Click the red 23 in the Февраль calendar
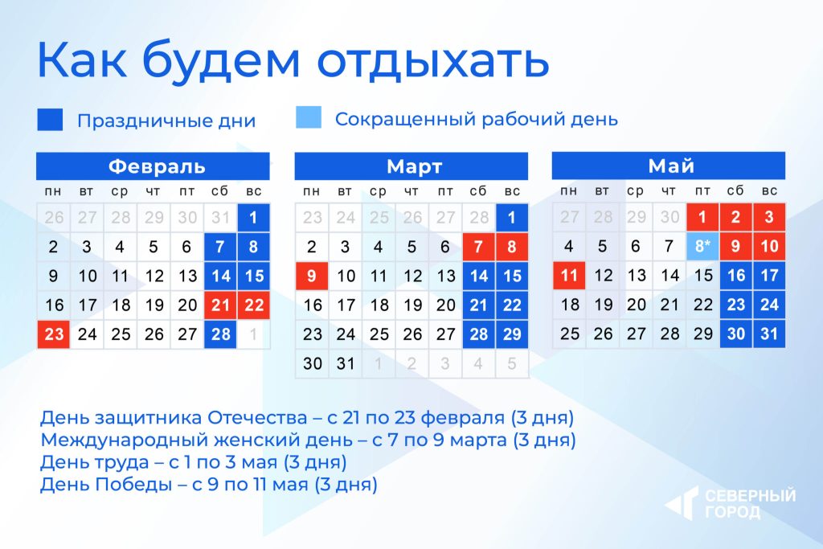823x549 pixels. point(54,334)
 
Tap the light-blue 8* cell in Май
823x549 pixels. point(702,246)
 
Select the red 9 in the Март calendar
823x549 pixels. point(312,276)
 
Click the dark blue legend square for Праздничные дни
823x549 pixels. point(51,119)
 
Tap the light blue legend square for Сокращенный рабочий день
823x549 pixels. point(309,117)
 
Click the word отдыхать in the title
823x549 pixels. point(433,59)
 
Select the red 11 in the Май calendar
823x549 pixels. point(569,275)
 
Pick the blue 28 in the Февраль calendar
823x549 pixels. point(220,334)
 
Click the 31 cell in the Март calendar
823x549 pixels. point(346,363)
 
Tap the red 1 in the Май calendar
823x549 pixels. point(702,217)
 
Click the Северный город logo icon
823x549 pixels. point(682,503)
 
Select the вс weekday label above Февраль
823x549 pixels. point(253,191)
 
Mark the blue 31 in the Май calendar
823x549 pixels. point(769,334)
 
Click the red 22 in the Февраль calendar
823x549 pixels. point(253,305)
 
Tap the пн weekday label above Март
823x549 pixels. point(311,191)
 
